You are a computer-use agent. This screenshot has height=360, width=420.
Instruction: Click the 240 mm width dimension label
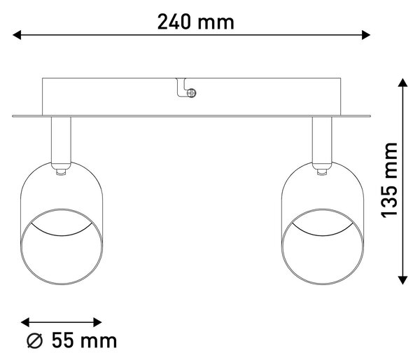(x=195, y=22)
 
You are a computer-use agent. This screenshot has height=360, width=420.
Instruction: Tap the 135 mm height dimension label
(x=389, y=180)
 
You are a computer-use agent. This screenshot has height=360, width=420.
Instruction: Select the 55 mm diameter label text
(x=72, y=340)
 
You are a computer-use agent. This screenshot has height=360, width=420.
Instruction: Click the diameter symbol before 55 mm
(x=35, y=340)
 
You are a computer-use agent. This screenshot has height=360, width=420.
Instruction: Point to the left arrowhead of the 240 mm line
(x=17, y=35)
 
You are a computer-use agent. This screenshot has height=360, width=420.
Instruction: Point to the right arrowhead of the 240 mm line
(x=366, y=35)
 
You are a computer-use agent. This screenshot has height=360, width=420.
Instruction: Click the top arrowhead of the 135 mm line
(x=402, y=82)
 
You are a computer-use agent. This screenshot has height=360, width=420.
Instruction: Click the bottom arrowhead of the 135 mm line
(x=402, y=280)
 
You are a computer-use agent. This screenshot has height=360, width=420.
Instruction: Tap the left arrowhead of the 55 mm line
(x=25, y=322)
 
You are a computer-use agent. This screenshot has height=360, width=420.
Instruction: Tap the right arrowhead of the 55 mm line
(x=97, y=322)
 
